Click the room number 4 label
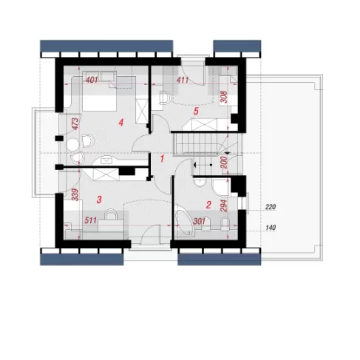coord(120,123)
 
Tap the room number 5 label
coord(196,111)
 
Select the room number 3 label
coord(99,200)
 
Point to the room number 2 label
coord(208,205)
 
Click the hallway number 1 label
coord(162,159)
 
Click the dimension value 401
coord(92,80)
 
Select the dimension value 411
coord(183,80)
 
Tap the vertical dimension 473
coord(75,124)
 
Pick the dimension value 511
coord(90,220)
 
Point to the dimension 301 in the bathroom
coord(199,221)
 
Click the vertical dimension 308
coord(223,98)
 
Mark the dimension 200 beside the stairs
coord(224,163)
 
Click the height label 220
coord(271,207)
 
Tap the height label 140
coord(271,228)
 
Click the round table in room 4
coord(73,145)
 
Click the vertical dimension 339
coord(75,195)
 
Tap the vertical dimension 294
coord(224,206)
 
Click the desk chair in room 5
coord(165,97)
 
